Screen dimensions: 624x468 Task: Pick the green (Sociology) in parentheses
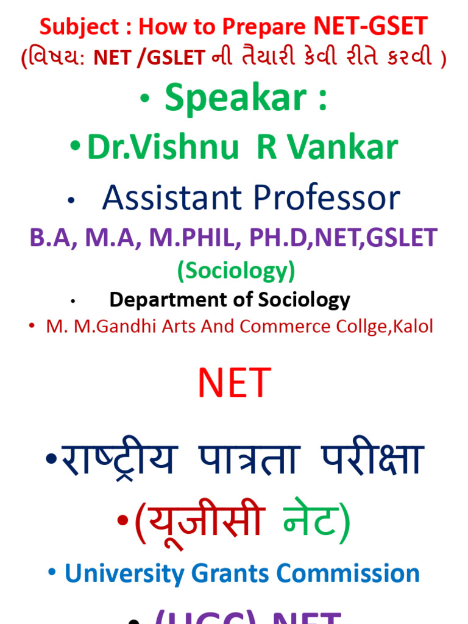(x=236, y=271)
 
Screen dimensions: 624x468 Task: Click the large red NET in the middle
(x=234, y=384)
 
